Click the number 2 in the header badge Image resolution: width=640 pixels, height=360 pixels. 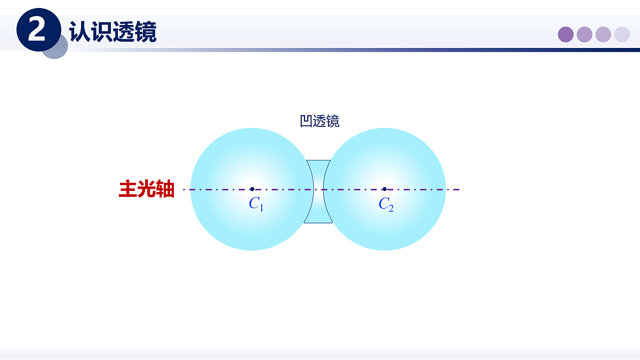pos(37,30)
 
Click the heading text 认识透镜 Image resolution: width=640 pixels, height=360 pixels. pos(113,31)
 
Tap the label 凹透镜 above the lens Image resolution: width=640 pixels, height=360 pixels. pos(319,122)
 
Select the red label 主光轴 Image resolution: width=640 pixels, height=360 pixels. pos(147,189)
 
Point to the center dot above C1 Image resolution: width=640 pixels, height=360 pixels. pos(252,189)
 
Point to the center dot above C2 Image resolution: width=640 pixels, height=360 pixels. pos(384,189)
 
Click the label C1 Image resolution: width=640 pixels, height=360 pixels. pos(256,204)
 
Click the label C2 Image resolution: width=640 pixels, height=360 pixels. pos(386,204)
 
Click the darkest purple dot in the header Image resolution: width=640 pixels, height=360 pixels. pos(566,35)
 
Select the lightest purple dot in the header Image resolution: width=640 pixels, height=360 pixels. pos(622,35)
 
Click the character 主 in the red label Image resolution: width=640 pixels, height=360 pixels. pos(128,189)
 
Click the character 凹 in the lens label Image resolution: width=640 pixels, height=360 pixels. pos(306,122)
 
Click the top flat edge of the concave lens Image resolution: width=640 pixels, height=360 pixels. pos(318,160)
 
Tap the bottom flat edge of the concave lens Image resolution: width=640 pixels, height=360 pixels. pos(318,222)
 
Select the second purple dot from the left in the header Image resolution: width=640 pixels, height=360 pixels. pos(585,35)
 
